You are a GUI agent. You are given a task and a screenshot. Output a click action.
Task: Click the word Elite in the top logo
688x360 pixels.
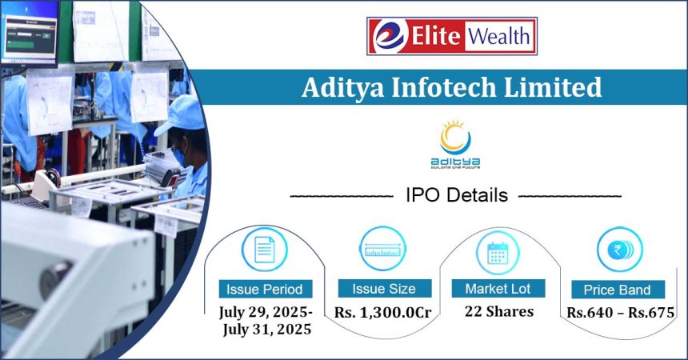(x=435, y=36)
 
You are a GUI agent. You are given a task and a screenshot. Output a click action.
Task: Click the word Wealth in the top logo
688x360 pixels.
(x=499, y=36)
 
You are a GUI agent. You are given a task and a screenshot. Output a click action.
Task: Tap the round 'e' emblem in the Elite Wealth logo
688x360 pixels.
(x=389, y=36)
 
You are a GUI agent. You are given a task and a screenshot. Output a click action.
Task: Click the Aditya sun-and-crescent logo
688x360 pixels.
(x=455, y=143)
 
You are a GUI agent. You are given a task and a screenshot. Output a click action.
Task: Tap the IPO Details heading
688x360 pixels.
(x=457, y=195)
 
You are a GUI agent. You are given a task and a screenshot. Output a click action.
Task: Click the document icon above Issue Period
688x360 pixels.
(x=265, y=250)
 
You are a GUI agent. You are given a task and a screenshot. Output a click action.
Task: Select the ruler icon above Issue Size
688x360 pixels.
(x=382, y=249)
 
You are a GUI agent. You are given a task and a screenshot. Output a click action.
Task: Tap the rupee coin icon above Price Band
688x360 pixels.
(x=619, y=250)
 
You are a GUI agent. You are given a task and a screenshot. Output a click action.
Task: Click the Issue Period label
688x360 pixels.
(x=265, y=290)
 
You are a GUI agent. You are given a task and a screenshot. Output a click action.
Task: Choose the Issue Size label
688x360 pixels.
(x=384, y=289)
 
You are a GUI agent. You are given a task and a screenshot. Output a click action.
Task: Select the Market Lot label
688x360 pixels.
(x=498, y=289)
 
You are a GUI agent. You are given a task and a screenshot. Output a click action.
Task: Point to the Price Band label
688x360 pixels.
(x=618, y=290)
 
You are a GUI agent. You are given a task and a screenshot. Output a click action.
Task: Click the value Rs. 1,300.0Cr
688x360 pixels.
(x=383, y=312)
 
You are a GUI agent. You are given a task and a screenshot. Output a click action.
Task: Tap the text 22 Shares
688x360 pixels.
(x=499, y=311)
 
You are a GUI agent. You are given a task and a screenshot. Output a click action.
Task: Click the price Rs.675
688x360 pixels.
(x=651, y=313)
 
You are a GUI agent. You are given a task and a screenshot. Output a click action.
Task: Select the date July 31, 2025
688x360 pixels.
(x=267, y=329)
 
